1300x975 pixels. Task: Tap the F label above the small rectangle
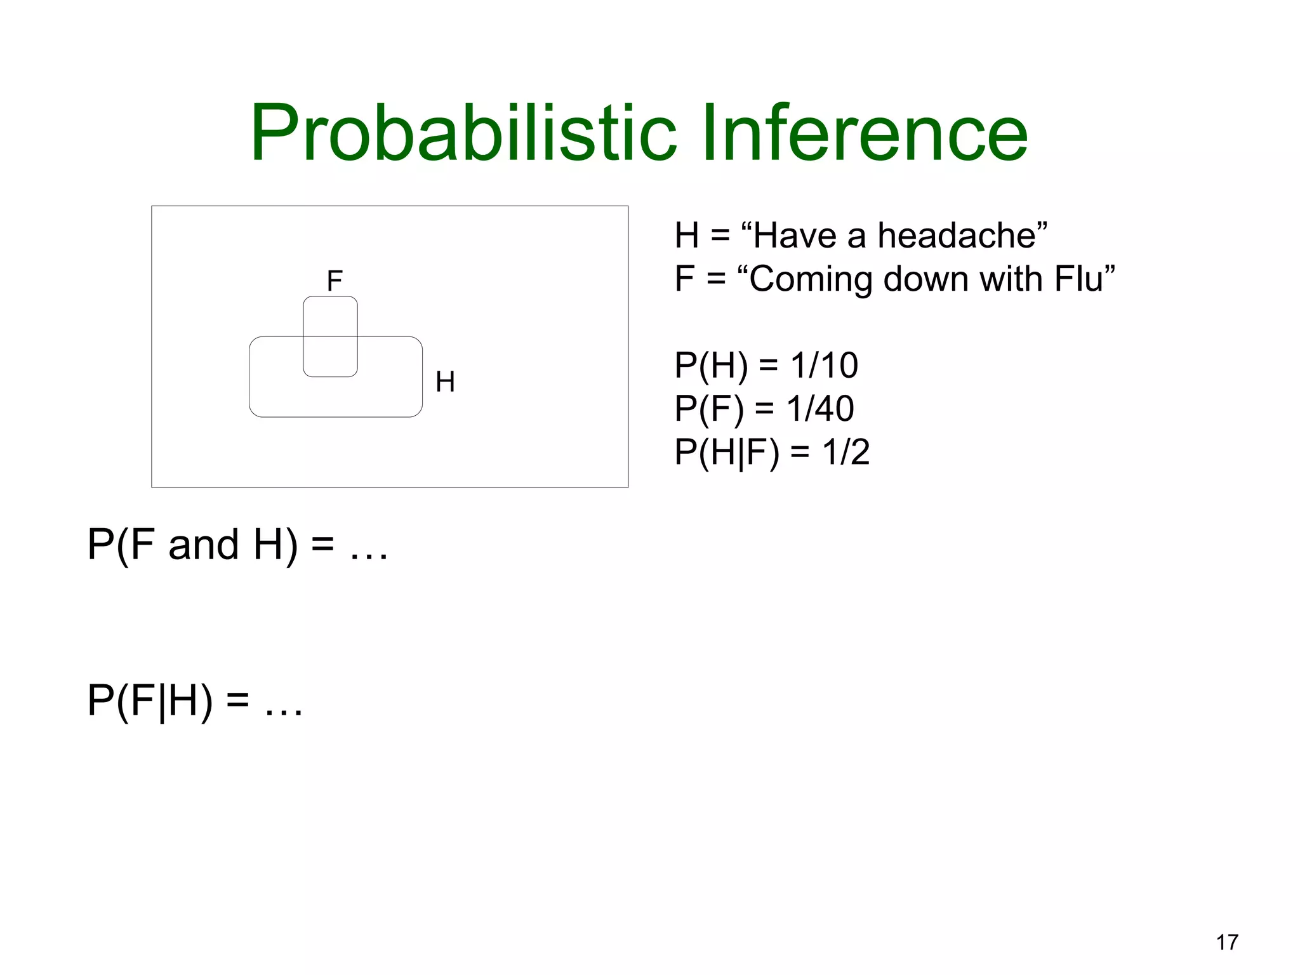click(335, 281)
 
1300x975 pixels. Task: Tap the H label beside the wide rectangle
click(445, 381)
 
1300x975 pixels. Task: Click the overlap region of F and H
click(330, 356)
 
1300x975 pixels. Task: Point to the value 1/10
click(824, 365)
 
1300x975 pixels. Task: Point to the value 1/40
click(820, 408)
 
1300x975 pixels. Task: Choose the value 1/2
click(846, 452)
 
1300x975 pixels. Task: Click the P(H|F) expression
click(727, 453)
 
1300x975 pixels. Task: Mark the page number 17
click(1227, 943)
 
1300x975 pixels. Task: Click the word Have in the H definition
click(796, 235)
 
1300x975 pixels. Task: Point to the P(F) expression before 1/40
click(709, 408)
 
